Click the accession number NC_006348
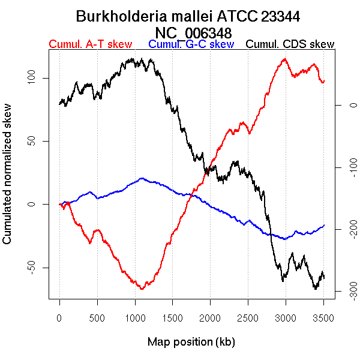tap(193, 32)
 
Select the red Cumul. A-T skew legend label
tap(90, 44)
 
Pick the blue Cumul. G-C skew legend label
tap(191, 44)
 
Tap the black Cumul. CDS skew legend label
tap(290, 44)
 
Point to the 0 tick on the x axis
tap(59, 316)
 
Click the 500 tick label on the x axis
tap(97, 316)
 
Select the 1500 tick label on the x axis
tap(172, 316)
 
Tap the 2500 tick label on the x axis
tap(248, 316)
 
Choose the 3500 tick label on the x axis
tap(323, 316)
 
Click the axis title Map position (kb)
tap(191, 342)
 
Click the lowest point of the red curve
tap(142, 289)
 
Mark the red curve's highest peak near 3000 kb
tap(284, 59)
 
